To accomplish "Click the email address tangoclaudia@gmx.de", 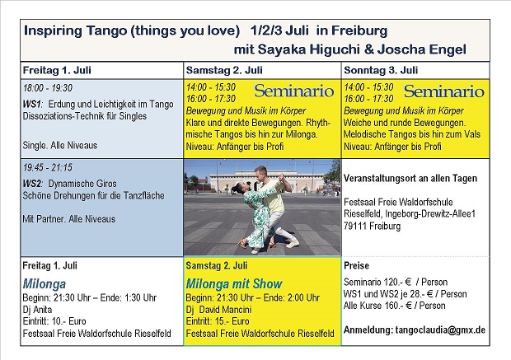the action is pos(440,330).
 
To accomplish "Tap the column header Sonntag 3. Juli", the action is pos(381,70).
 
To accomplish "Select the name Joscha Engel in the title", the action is pos(422,49).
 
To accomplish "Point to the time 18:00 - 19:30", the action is pos(48,88).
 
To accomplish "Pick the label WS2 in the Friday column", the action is pos(32,184).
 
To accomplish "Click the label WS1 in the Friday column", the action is pos(32,105).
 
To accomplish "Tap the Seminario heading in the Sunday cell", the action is pos(444,91).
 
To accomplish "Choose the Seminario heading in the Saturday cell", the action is pos(294,91).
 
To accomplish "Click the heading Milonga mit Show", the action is pos(234,283).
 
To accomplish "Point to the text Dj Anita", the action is pos(37,310).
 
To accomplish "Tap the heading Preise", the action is pos(356,265).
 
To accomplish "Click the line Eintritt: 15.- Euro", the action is pos(218,321).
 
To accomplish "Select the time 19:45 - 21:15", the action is pos(48,167).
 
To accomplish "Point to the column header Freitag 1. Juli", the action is pos(57,70).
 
